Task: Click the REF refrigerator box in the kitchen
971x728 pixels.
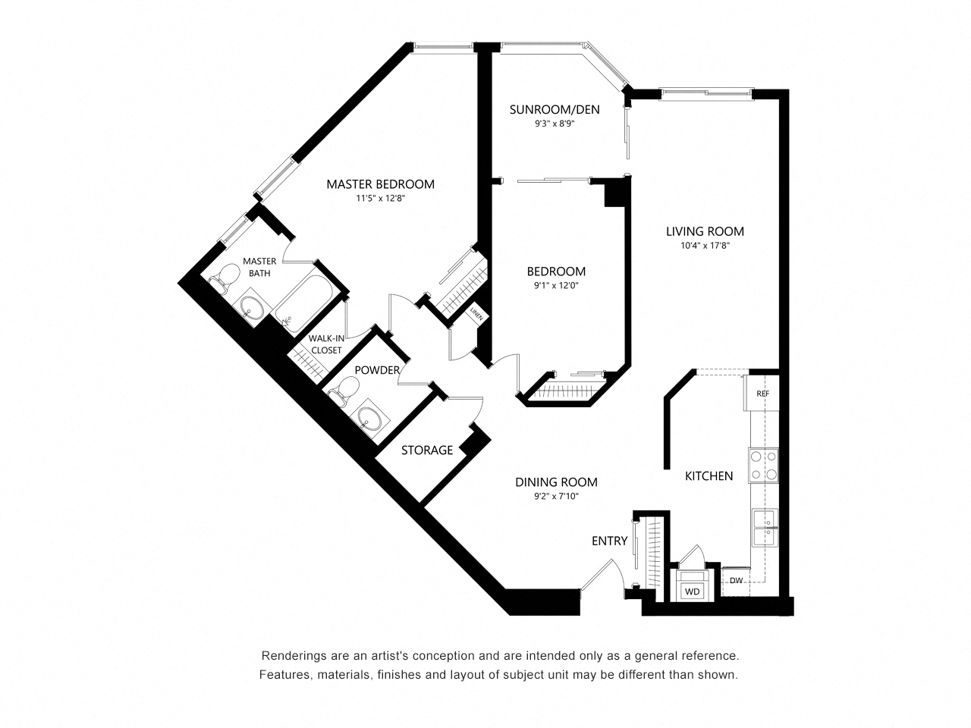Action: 762,394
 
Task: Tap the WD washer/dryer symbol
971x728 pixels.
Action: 692,591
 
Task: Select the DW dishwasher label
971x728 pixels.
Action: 735,582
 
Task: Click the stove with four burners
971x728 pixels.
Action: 763,466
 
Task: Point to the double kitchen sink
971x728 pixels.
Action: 764,529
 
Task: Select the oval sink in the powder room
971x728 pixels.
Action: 371,418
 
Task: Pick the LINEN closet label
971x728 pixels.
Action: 476,313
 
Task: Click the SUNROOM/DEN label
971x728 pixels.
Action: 554,110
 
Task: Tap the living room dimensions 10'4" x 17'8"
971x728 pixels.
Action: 705,246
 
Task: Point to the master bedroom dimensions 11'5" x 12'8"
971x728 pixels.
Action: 380,199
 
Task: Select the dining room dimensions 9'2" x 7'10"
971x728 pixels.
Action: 556,497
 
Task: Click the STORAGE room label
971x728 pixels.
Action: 427,450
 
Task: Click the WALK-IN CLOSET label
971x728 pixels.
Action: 325,344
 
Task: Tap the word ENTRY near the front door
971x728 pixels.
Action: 609,541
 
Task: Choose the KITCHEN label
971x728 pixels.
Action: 709,476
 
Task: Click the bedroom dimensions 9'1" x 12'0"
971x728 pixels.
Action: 556,286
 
